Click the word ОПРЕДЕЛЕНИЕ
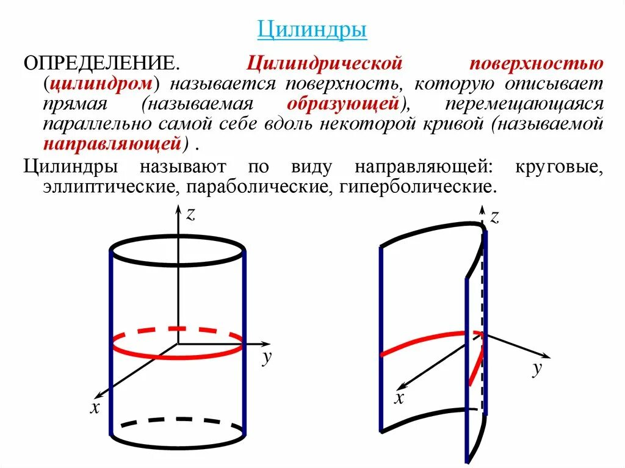[101, 63]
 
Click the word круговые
[558, 166]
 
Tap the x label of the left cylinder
[95, 408]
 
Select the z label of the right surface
[494, 216]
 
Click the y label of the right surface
[537, 368]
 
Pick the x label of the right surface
[399, 398]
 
